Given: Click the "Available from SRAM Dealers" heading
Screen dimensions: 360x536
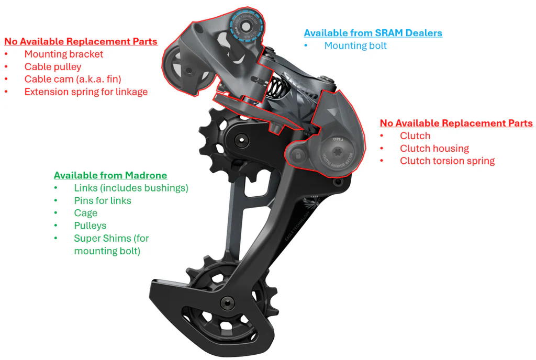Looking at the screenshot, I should click(x=373, y=33).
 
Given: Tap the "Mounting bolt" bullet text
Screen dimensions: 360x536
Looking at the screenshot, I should click(x=355, y=46).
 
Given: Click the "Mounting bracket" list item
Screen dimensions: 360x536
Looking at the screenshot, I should click(x=64, y=54).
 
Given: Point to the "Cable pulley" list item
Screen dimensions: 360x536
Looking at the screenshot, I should click(x=53, y=66).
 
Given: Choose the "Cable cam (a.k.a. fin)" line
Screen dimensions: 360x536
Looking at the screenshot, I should click(x=73, y=79).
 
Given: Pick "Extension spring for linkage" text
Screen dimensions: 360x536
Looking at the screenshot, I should click(x=86, y=92).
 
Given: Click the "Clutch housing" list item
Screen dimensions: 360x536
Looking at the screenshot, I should click(x=434, y=148).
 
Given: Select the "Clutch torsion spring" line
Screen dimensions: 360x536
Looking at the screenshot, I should click(x=447, y=161).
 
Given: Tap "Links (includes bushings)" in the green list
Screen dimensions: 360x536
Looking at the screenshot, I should click(x=131, y=188).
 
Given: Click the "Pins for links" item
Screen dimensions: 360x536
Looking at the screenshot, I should click(x=103, y=200).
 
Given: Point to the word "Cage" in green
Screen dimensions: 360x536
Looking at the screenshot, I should click(x=86, y=213).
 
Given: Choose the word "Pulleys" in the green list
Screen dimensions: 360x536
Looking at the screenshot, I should click(x=90, y=226).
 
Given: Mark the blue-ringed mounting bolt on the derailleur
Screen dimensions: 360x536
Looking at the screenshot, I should click(x=245, y=25).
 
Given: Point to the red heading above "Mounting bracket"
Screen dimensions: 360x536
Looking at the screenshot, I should click(x=81, y=41).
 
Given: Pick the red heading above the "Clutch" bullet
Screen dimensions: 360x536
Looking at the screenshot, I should click(x=456, y=123).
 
